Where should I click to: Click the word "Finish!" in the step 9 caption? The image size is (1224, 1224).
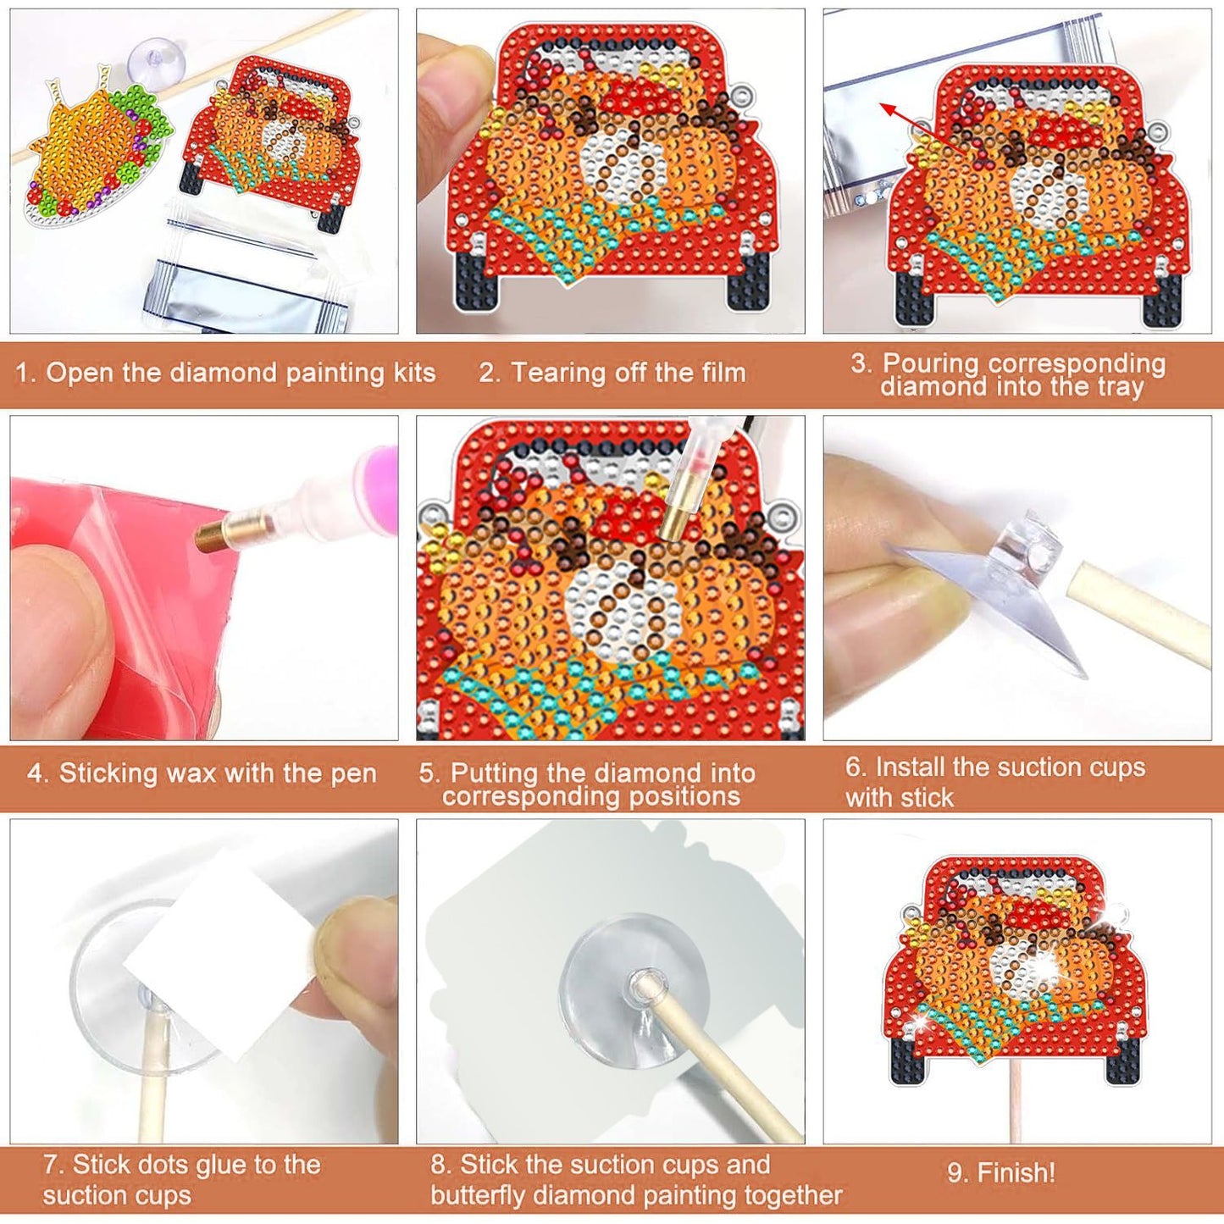pos(1016,1173)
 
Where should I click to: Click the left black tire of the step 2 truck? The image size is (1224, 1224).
pos(474,280)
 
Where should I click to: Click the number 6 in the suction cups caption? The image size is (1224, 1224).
pos(853,767)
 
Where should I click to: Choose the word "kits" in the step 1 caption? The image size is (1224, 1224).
pos(412,373)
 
